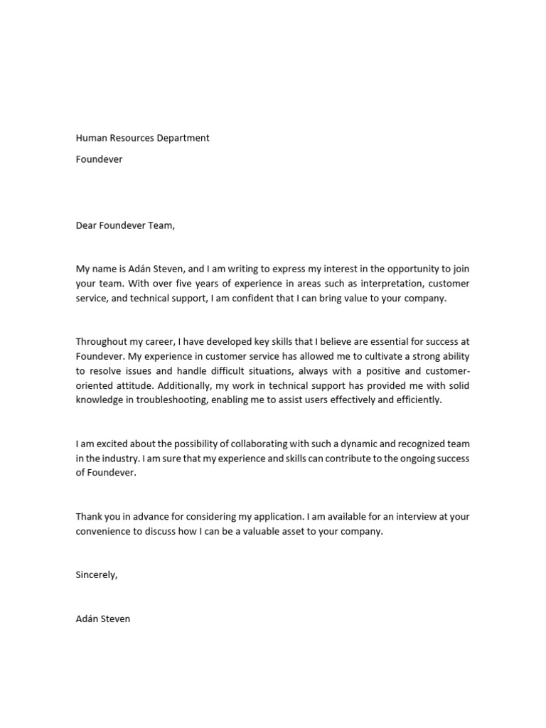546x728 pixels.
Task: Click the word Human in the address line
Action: pos(91,138)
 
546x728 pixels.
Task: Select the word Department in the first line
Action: pos(184,138)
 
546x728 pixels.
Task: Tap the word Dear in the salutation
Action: pos(87,226)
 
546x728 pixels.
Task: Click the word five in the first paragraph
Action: pos(146,284)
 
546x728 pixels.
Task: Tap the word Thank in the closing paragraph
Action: pos(90,517)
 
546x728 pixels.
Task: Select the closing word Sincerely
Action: pos(96,575)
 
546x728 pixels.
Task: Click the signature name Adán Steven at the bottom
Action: pos(103,619)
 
